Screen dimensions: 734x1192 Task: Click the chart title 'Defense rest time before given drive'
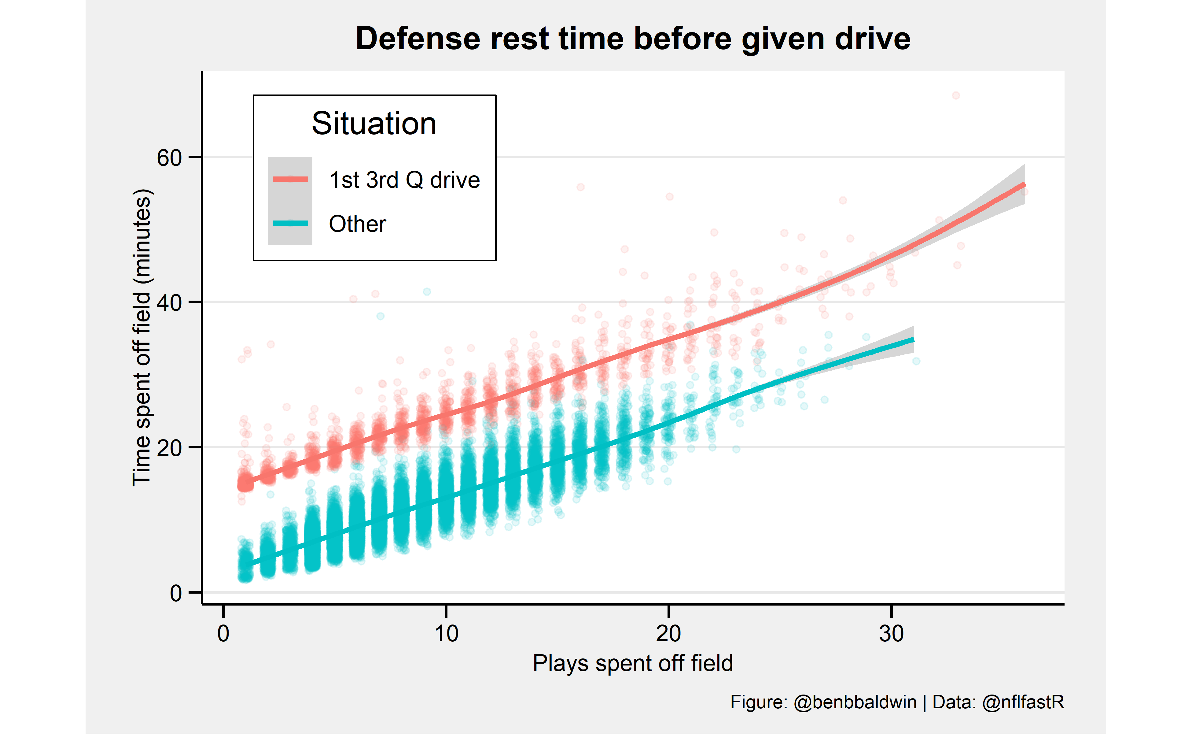(633, 39)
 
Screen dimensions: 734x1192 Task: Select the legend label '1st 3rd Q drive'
(404, 180)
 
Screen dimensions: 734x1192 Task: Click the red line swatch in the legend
(290, 179)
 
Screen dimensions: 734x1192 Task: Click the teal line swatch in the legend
(290, 223)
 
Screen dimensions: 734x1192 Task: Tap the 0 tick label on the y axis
(176, 593)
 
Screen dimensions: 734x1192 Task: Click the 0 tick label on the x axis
(223, 633)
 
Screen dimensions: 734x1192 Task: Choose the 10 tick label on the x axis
(446, 633)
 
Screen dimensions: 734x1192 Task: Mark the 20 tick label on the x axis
(668, 633)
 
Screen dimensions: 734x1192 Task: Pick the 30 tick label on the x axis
(891, 633)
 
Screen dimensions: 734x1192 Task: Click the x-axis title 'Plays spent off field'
(633, 663)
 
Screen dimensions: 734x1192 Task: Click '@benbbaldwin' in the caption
(855, 702)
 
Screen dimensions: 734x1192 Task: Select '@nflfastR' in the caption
(1023, 702)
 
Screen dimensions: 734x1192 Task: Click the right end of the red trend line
(1024, 184)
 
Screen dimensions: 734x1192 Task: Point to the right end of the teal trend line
(913, 340)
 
